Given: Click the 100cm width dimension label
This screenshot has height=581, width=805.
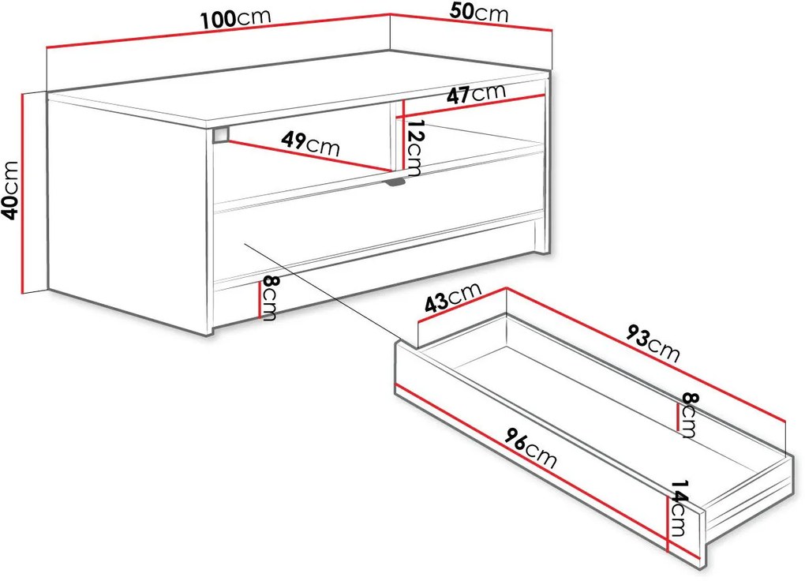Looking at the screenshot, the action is click(235, 19).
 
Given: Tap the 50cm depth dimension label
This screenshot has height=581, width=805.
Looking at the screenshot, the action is click(478, 13).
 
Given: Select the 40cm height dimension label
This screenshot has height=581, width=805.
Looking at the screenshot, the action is click(11, 189).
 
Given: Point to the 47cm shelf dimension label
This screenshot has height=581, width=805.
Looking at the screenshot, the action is click(476, 93).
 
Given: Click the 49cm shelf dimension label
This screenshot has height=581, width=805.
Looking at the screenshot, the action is click(311, 143).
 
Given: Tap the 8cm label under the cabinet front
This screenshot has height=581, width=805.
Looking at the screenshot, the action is click(269, 298).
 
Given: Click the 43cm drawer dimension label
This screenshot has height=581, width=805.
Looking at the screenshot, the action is click(453, 298).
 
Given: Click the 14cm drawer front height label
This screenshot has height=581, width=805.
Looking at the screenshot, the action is click(679, 508).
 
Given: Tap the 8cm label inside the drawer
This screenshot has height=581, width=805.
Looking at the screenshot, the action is click(688, 414).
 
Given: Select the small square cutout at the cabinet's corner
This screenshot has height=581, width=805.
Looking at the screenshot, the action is click(220, 134).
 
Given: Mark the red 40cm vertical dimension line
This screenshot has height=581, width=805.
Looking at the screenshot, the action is click(23, 193).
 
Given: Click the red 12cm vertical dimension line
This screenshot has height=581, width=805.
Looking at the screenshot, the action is click(404, 134).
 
